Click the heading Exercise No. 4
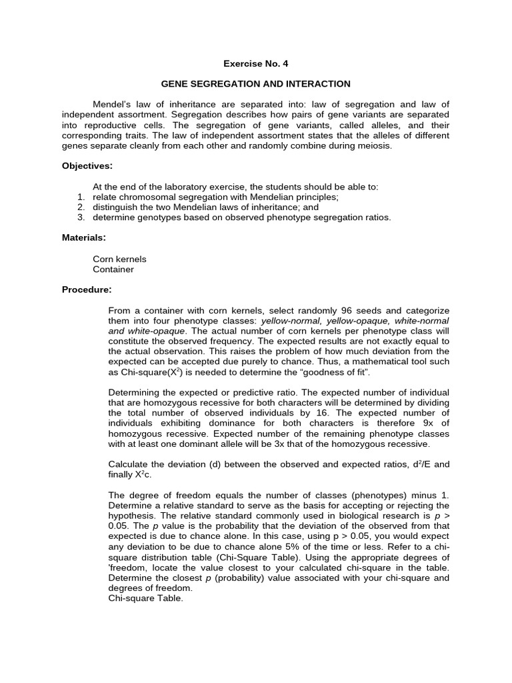point(256,63)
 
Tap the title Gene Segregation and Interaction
point(256,84)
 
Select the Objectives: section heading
point(87,165)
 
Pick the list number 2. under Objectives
point(81,207)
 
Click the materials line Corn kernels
point(119,259)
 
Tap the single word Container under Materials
point(113,269)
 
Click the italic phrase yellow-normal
point(289,321)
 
